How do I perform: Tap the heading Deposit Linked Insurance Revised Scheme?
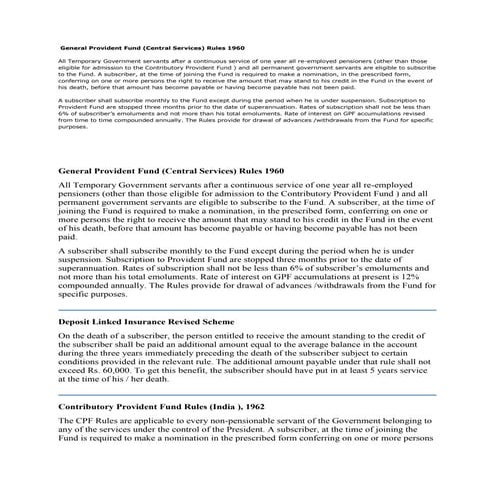point(146,323)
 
